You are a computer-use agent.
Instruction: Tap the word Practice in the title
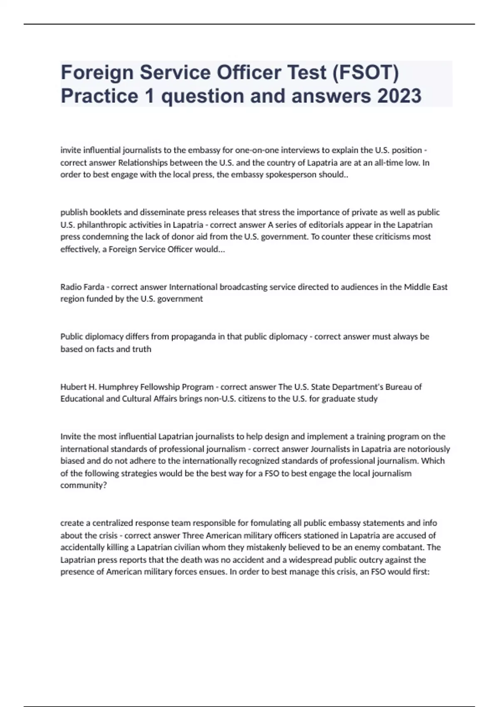coord(99,96)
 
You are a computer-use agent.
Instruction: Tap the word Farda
coord(94,287)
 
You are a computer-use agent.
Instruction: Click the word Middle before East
coord(417,287)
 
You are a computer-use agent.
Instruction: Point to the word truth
coord(142,349)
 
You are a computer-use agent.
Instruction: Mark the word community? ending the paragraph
coord(84,485)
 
